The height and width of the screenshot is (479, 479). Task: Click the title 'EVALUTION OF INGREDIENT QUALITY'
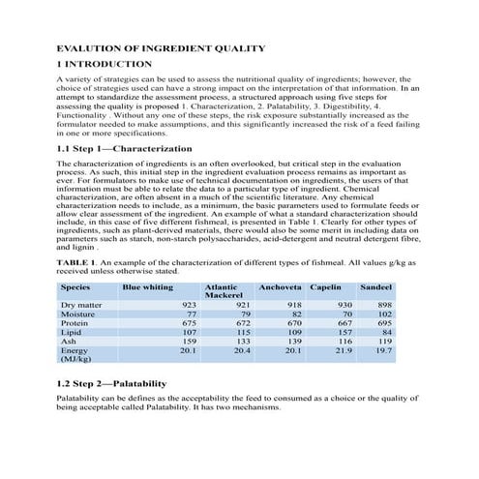click(x=161, y=47)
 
